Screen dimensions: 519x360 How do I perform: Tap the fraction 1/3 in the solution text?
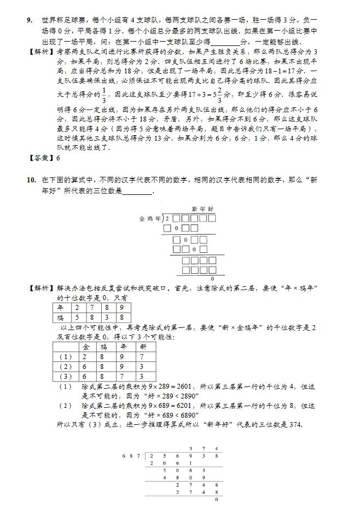point(106,89)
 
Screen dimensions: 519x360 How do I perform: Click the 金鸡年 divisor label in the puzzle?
point(150,219)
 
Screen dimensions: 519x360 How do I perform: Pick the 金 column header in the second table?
point(86,347)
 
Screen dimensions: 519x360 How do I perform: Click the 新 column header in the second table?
point(143,347)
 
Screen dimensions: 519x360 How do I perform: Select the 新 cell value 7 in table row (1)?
point(143,356)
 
